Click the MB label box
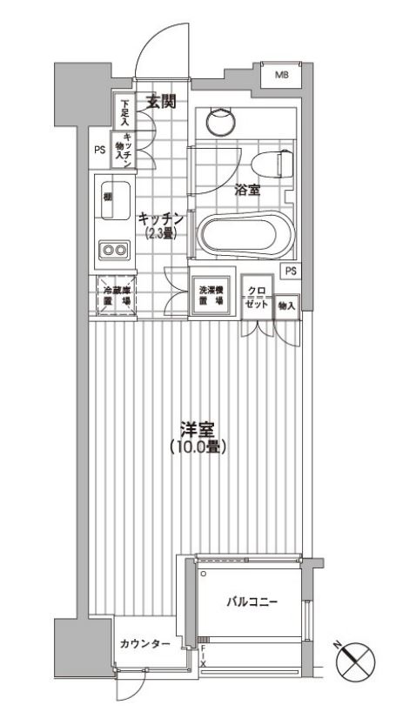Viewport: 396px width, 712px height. click(x=281, y=76)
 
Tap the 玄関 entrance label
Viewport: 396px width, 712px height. click(x=161, y=102)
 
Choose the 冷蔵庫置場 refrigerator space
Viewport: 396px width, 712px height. click(x=115, y=296)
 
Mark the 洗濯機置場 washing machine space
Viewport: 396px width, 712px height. click(x=210, y=296)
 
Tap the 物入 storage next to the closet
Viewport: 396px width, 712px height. click(x=287, y=306)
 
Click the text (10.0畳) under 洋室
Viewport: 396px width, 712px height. click(x=198, y=447)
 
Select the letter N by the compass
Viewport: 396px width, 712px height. click(x=338, y=644)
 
